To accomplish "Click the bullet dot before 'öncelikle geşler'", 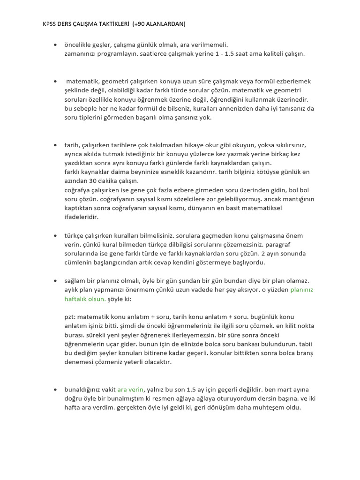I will [55, 45].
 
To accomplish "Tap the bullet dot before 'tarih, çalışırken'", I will [55, 145].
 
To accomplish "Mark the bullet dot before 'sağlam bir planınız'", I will [55, 281].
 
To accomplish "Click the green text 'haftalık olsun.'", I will [85, 299].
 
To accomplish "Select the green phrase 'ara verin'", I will [130, 390].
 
